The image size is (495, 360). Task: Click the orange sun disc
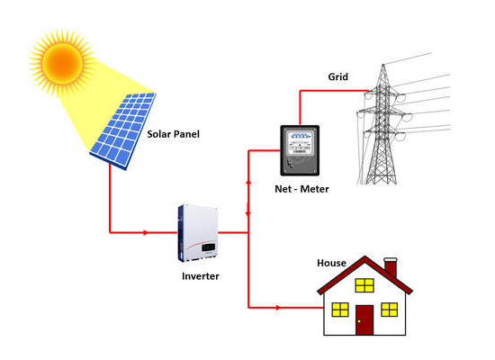tap(62, 63)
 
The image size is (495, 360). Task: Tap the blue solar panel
tap(123, 130)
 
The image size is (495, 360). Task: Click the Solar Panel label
tap(174, 134)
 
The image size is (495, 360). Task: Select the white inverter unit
tap(198, 233)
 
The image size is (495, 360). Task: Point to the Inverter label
tap(201, 276)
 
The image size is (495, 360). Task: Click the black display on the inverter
tap(209, 247)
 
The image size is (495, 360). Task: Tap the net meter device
tap(300, 150)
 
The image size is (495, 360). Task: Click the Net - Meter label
tap(301, 189)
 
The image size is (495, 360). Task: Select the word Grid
tap(338, 76)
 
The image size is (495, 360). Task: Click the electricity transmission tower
tap(382, 126)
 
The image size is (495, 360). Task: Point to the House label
tap(331, 263)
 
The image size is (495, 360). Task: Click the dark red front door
tap(364, 319)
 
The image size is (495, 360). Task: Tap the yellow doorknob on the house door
tap(359, 321)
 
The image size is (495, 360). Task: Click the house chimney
tap(391, 268)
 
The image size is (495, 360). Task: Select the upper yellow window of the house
tap(364, 285)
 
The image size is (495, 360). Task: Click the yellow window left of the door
tap(340, 310)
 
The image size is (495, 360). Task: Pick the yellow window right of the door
tap(389, 310)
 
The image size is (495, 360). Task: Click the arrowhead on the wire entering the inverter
tap(145, 233)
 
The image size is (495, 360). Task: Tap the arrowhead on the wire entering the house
tap(277, 308)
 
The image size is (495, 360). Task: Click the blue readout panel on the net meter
tap(300, 137)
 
